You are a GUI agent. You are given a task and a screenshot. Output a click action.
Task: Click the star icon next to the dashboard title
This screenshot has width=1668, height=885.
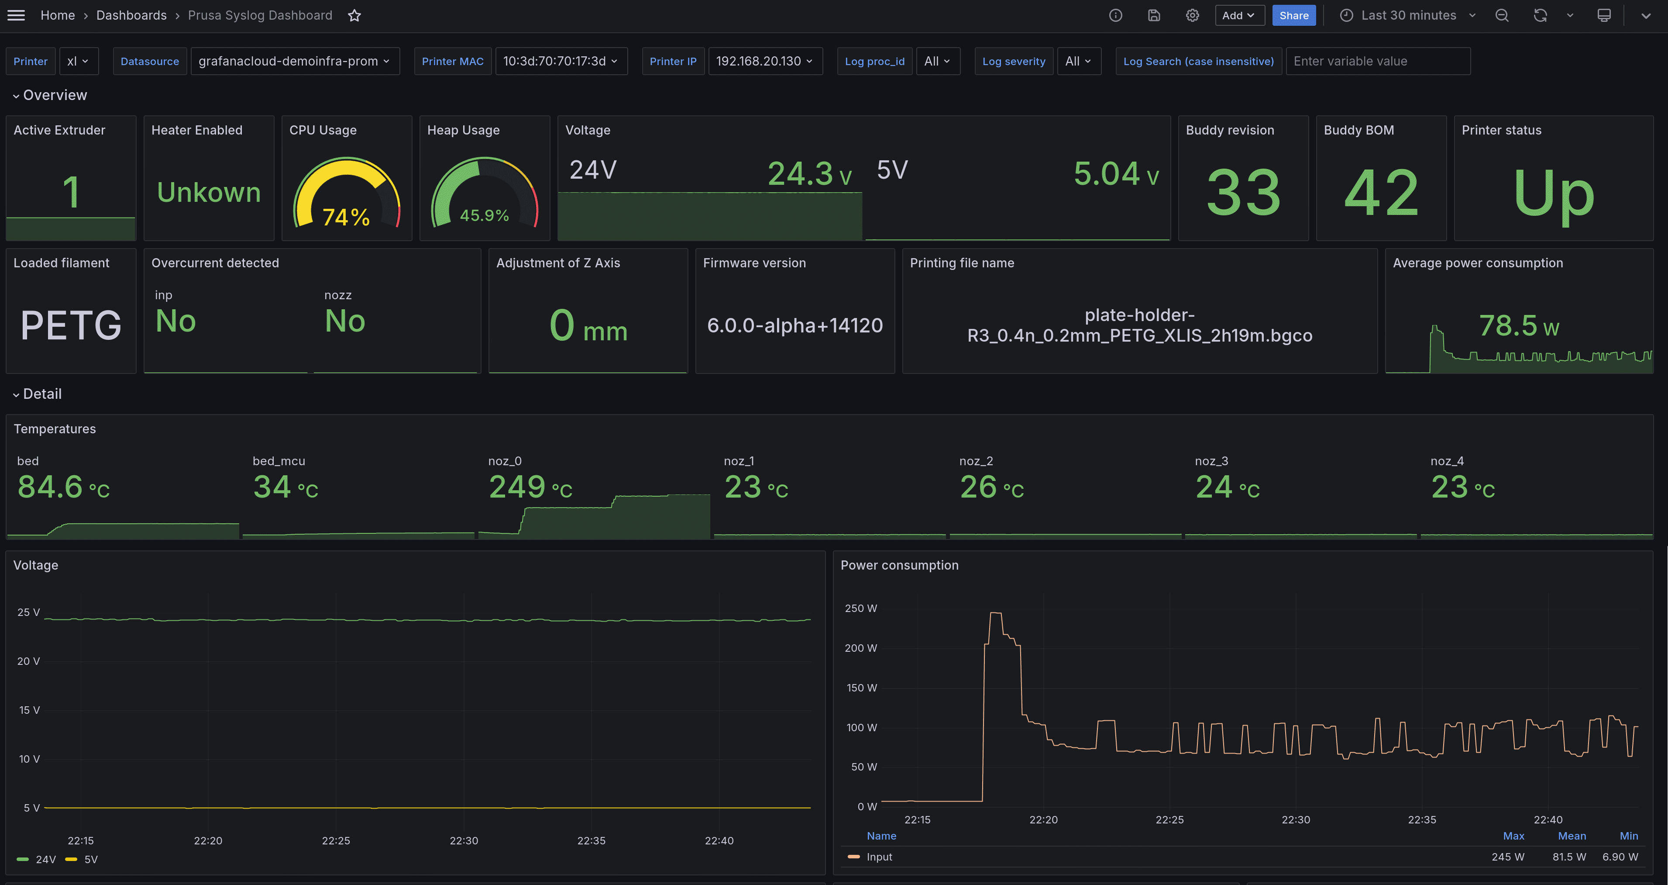(x=354, y=16)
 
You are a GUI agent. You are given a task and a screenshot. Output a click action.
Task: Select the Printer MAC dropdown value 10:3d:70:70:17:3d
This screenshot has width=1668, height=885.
(x=560, y=61)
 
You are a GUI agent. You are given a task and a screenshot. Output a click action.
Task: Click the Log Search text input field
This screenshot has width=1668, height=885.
(x=1377, y=61)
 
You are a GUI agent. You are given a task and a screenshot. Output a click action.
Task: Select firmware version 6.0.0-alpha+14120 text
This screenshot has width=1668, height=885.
(x=794, y=325)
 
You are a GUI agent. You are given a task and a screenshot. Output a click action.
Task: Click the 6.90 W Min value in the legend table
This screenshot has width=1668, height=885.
(x=1620, y=857)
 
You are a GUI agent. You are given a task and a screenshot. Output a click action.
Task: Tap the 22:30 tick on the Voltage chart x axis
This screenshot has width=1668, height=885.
(x=464, y=840)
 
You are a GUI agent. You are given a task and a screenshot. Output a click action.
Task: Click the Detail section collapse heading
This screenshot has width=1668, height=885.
(x=41, y=394)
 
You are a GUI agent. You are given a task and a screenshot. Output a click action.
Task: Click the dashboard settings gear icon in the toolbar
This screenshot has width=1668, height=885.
(x=1192, y=16)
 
